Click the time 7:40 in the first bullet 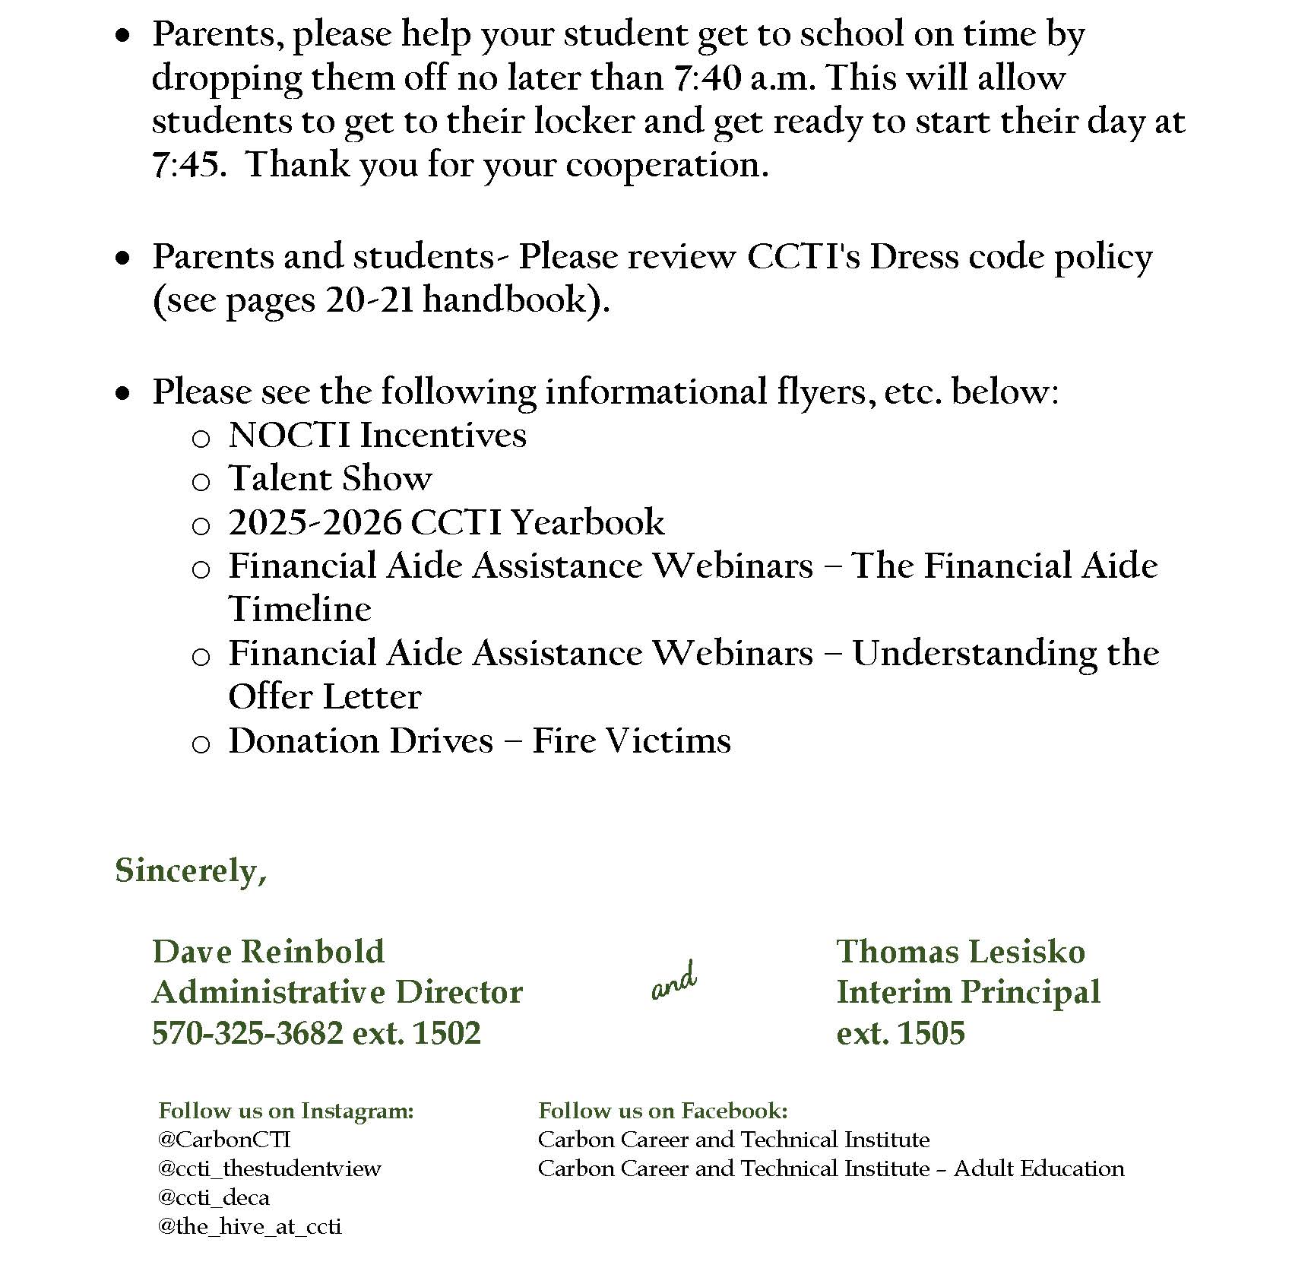click(x=706, y=78)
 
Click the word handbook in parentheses click(x=504, y=300)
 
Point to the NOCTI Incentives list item click(x=377, y=436)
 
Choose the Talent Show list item click(x=330, y=479)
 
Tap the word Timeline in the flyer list click(x=299, y=610)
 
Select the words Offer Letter click(x=325, y=697)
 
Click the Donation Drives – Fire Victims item click(x=479, y=741)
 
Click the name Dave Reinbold click(x=268, y=952)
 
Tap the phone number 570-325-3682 click(x=248, y=1033)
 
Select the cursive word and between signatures click(x=674, y=982)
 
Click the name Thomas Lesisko click(x=961, y=952)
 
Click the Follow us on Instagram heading click(x=286, y=1111)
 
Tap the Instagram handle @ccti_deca click(x=214, y=1197)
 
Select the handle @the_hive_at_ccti click(x=249, y=1226)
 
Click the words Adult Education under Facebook click(x=1039, y=1168)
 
